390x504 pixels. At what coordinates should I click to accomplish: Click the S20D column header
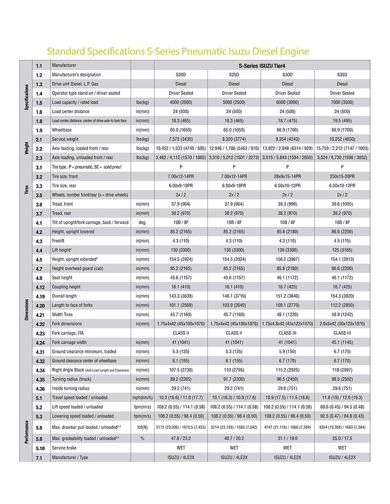click(180, 74)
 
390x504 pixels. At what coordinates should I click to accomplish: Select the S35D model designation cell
click(342, 74)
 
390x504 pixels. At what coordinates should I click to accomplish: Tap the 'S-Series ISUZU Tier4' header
click(261, 66)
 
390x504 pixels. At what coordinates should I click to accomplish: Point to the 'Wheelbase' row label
click(66, 130)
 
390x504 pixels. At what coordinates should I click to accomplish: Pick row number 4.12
click(40, 287)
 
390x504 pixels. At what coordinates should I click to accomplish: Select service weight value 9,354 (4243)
click(287, 139)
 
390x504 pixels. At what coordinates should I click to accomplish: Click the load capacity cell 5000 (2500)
click(234, 102)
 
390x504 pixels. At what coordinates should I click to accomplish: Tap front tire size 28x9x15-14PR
click(287, 176)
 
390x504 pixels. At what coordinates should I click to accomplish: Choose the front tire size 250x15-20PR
click(342, 176)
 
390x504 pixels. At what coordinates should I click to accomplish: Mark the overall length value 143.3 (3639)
click(180, 296)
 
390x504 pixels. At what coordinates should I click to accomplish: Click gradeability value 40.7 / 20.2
click(234, 439)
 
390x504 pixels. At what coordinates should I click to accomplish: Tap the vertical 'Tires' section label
click(27, 185)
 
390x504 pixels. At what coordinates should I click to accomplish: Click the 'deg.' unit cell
click(142, 222)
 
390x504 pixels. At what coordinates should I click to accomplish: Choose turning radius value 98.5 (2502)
click(342, 379)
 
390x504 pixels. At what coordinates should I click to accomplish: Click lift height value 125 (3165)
click(342, 250)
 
